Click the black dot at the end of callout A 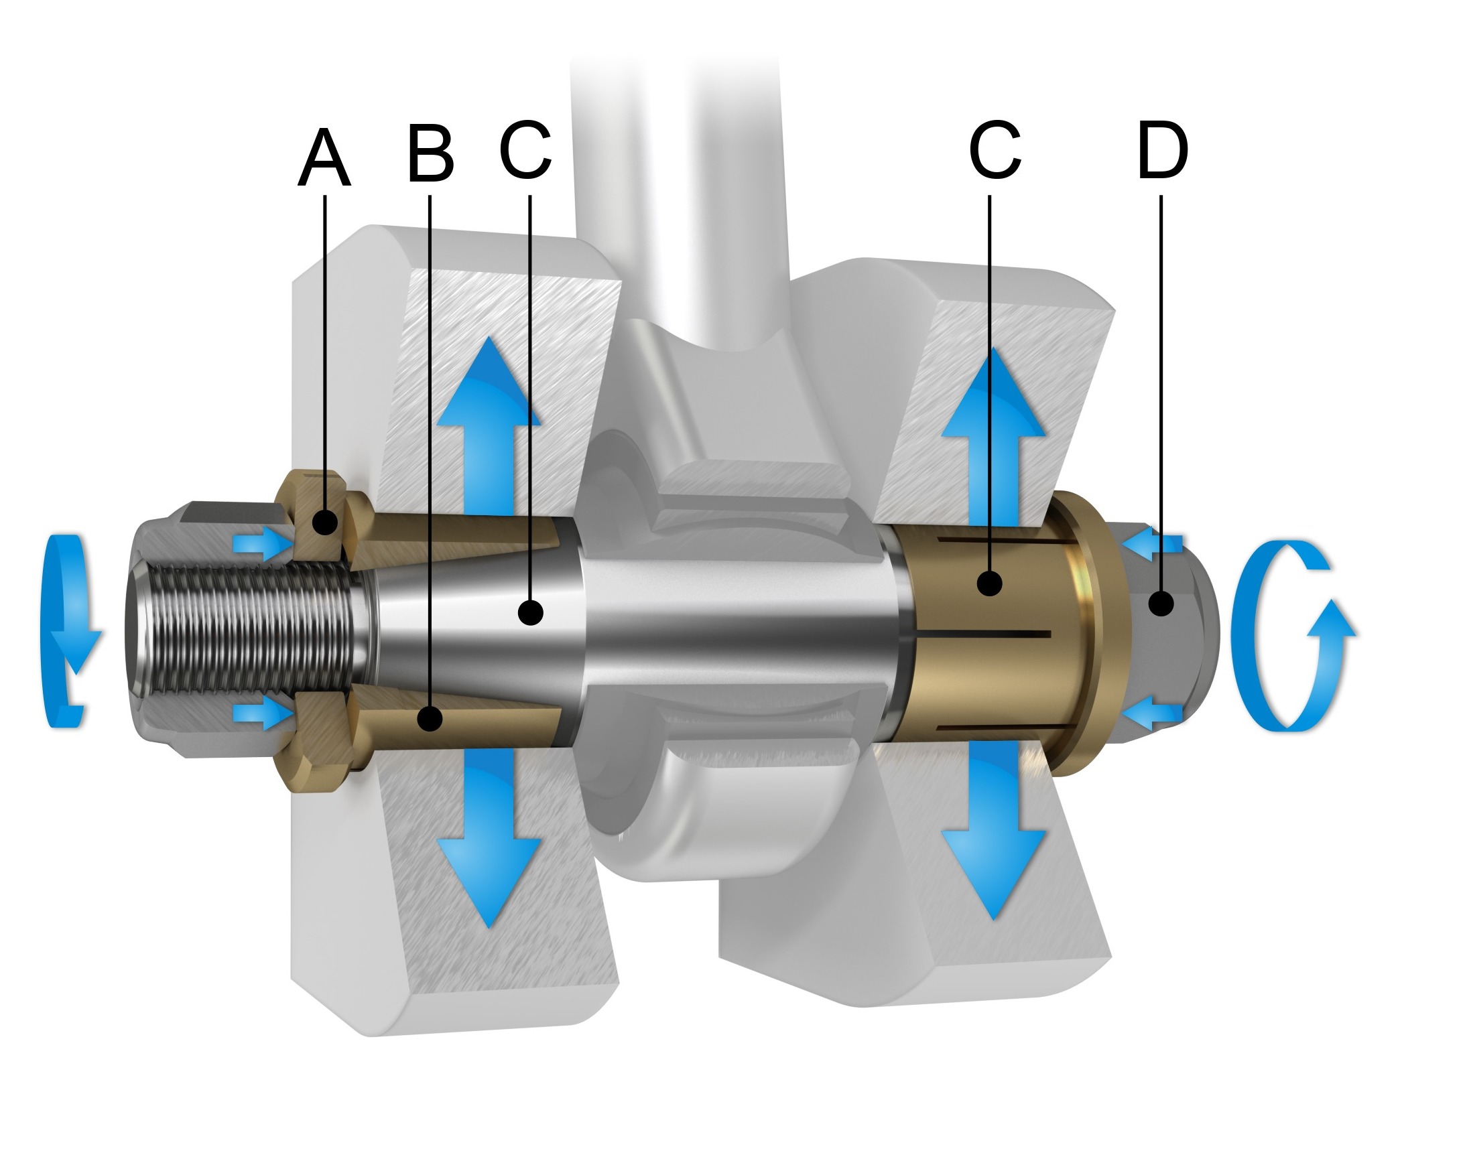tap(325, 523)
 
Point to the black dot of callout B tap(430, 718)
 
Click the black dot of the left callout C tap(530, 612)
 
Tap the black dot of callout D tap(1161, 603)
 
